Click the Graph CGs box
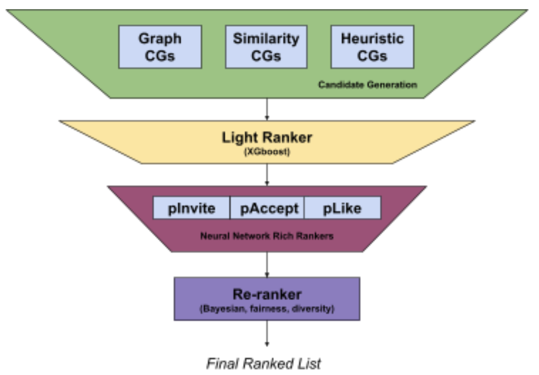coord(160,47)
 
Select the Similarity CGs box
coord(266,47)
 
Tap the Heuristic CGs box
coord(372,47)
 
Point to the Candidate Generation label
coord(367,84)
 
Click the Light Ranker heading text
coord(267,137)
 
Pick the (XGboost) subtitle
coord(267,152)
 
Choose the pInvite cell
coord(191,208)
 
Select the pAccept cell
coord(269,208)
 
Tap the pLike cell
coord(342,208)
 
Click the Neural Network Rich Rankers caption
coord(267,236)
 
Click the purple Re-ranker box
coord(267,299)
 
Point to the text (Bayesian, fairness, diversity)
coord(267,309)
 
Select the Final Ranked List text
coord(264,364)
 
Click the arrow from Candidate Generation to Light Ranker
coord(267,109)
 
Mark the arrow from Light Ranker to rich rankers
coord(267,174)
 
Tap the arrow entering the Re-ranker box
coord(267,265)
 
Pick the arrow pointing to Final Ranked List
coord(267,333)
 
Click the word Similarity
coord(266,38)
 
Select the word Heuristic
coord(372,38)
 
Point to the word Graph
coord(160,38)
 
